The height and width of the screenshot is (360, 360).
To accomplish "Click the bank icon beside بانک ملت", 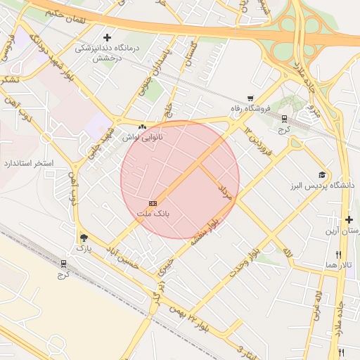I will pyautogui.click(x=153, y=202).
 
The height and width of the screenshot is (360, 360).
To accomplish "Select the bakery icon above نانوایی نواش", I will pyautogui.click(x=143, y=127).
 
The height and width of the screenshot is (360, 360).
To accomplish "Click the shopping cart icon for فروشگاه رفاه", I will pyautogui.click(x=250, y=98).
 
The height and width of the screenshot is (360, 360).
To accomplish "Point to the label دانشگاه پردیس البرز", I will pyautogui.click(x=321, y=185).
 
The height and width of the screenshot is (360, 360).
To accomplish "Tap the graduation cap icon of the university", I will pyautogui.click(x=322, y=174).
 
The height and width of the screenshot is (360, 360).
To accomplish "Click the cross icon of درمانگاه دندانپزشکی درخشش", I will pyautogui.click(x=107, y=37).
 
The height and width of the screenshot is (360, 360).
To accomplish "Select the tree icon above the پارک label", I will pyautogui.click(x=84, y=238).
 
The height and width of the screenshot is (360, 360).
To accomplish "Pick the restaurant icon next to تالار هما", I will pyautogui.click(x=338, y=255).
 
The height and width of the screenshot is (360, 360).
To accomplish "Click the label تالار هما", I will pyautogui.click(x=338, y=264).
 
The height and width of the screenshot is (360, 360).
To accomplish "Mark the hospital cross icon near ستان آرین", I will pyautogui.click(x=349, y=219).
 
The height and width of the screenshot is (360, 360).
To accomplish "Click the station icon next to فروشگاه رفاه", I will pyautogui.click(x=284, y=119).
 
